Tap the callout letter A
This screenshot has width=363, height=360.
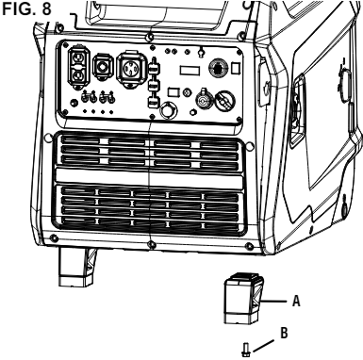(x=296, y=303)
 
